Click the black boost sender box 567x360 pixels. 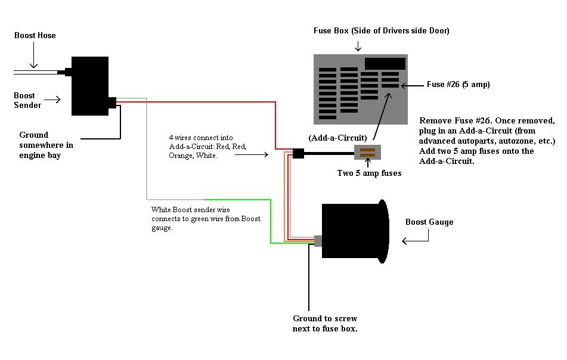[89, 86]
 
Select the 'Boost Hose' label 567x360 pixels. [35, 36]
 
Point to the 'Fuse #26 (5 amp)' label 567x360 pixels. [458, 85]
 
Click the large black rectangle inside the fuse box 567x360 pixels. [385, 63]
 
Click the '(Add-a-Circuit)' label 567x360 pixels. [337, 138]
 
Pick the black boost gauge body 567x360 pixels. [352, 231]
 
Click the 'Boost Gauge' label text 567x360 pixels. [429, 222]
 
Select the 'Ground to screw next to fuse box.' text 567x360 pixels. [325, 324]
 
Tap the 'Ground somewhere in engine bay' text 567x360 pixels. [47, 145]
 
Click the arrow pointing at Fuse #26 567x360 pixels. [411, 85]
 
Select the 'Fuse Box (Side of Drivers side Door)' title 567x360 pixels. [382, 30]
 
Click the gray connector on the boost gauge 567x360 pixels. [318, 241]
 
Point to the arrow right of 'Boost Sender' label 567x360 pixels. [52, 100]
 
